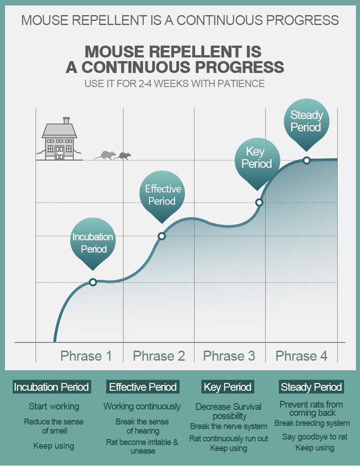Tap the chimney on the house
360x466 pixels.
pyautogui.click(x=66, y=120)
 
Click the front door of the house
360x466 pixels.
pyautogui.click(x=59, y=153)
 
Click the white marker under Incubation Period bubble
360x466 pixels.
pyautogui.click(x=93, y=282)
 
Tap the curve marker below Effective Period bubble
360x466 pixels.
pyautogui.click(x=162, y=236)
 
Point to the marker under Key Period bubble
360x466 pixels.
pyautogui.click(x=259, y=202)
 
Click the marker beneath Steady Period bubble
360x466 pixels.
pyautogui.click(x=307, y=161)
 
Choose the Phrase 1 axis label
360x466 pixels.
pyautogui.click(x=86, y=356)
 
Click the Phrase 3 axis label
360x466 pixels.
pyautogui.click(x=229, y=356)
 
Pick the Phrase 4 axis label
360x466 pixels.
pyautogui.click(x=302, y=356)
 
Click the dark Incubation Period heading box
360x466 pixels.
pyautogui.click(x=51, y=387)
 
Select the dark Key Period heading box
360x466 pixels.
pyautogui.click(x=228, y=387)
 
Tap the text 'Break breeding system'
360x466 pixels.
pyautogui.click(x=312, y=423)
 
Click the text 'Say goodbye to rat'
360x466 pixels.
pyautogui.click(x=314, y=436)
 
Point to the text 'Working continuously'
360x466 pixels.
pyautogui.click(x=142, y=406)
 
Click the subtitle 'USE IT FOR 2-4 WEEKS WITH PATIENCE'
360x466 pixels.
pyautogui.click(x=175, y=83)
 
